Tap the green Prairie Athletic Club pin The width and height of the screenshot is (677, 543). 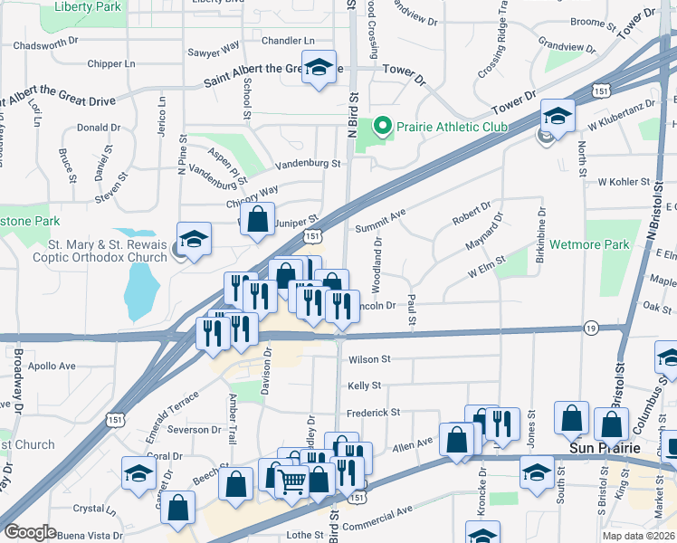click(x=383, y=127)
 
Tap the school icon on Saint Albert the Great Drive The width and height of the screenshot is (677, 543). click(x=319, y=69)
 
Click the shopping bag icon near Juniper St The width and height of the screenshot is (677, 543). click(x=258, y=218)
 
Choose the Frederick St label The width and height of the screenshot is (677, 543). click(x=374, y=412)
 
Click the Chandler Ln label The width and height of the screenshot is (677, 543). click(x=288, y=41)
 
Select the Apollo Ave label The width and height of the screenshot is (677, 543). click(x=52, y=367)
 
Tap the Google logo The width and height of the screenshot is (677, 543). click(x=30, y=532)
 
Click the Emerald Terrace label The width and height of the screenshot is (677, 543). click(x=172, y=415)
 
